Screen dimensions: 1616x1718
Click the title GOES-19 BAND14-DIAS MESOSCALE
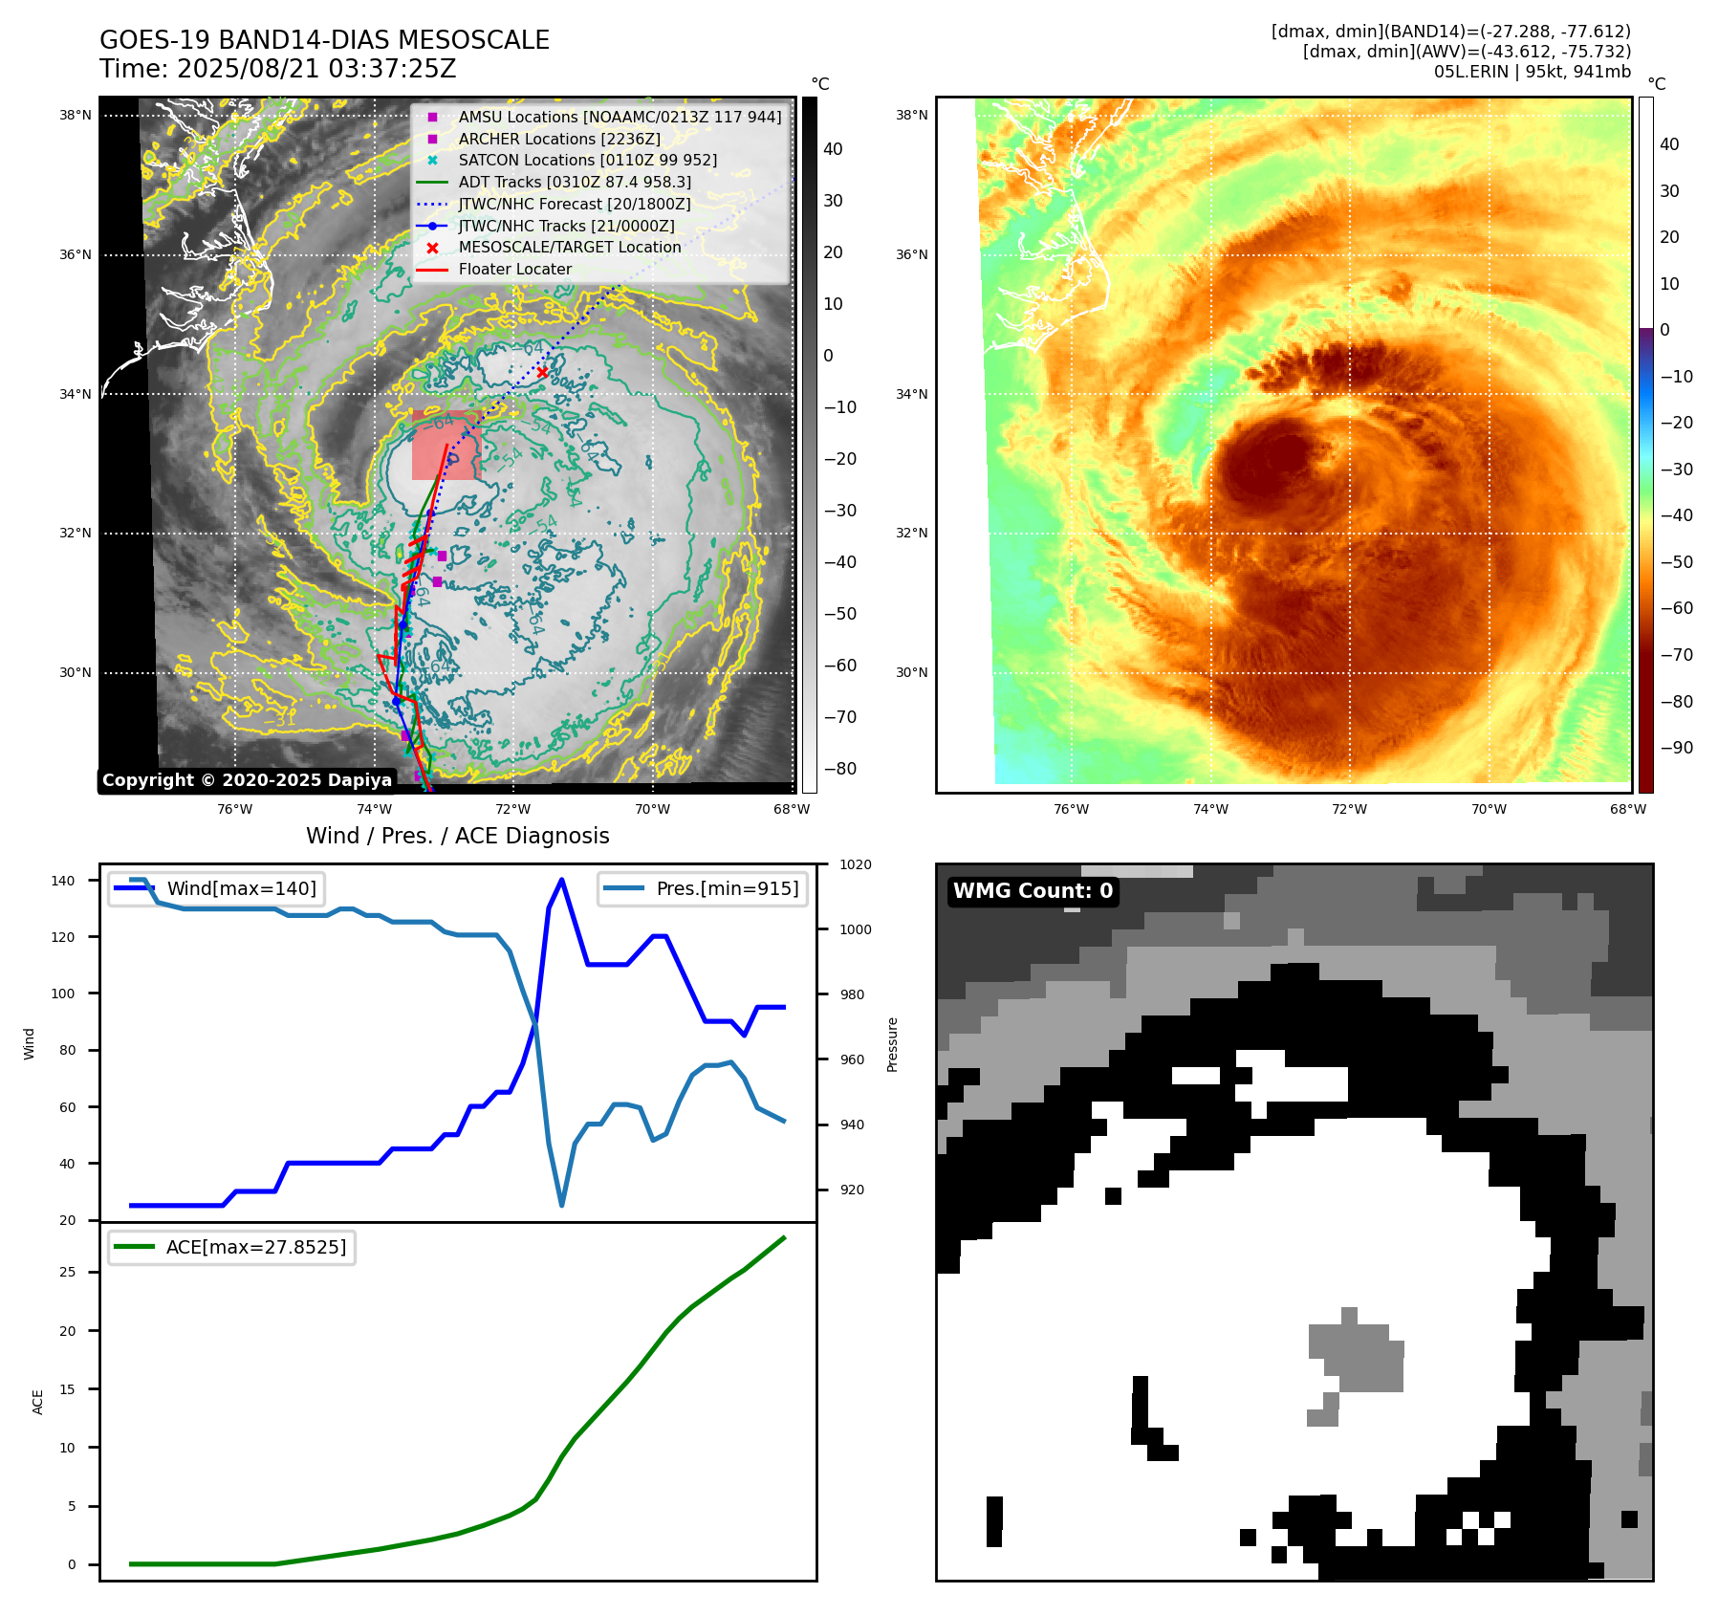[x=324, y=40]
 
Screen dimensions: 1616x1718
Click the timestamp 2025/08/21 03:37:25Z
[x=316, y=69]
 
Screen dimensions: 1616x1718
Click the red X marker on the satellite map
[x=543, y=372]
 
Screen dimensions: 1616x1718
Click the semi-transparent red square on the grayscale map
[x=446, y=446]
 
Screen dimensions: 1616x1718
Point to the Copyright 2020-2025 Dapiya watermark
[x=247, y=780]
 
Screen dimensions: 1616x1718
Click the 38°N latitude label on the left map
[x=76, y=116]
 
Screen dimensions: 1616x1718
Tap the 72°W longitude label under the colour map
[x=1349, y=809]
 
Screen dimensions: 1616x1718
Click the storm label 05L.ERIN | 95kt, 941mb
[x=1532, y=72]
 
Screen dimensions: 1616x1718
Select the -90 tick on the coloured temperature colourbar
[x=1676, y=748]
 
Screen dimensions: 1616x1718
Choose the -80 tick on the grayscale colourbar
[x=840, y=769]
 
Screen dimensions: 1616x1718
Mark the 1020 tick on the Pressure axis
[x=856, y=864]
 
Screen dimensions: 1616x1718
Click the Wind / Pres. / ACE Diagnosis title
[x=457, y=836]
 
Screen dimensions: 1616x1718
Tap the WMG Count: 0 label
[x=1033, y=891]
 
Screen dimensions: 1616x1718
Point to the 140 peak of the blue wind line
[x=561, y=880]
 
